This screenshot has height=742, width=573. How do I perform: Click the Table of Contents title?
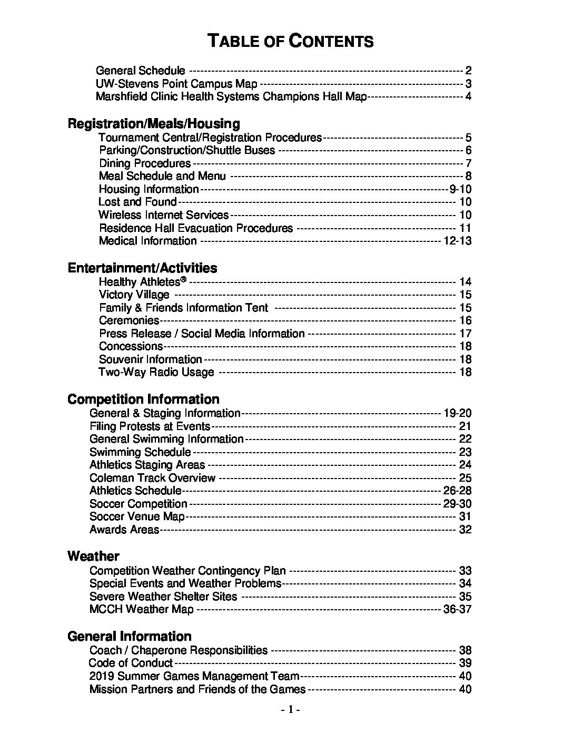tap(290, 41)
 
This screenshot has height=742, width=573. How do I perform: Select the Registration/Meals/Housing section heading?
tap(154, 124)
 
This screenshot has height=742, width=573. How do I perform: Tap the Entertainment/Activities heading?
tap(142, 268)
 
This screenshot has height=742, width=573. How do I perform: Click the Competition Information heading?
tap(143, 399)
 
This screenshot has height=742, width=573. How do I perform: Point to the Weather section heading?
tap(93, 556)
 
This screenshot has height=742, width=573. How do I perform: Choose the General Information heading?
tap(129, 637)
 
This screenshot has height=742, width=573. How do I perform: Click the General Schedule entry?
tap(141, 71)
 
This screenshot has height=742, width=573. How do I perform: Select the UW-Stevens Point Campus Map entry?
tap(176, 84)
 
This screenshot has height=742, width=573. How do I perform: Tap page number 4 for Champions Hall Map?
tap(468, 96)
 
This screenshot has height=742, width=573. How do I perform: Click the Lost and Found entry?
tap(137, 202)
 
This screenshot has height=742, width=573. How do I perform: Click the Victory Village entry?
tap(134, 295)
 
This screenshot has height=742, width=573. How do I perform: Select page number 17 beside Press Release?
tap(465, 334)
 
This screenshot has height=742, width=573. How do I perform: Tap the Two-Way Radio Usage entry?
tap(156, 372)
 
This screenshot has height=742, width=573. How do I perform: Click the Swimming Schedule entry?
tap(140, 452)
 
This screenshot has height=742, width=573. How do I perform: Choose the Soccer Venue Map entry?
tap(137, 516)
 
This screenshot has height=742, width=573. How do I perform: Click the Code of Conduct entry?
tap(131, 663)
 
